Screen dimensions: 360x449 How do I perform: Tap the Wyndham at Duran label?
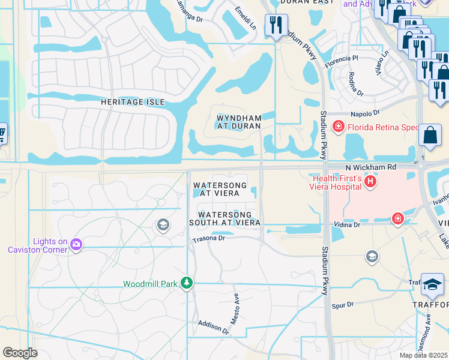(238, 122)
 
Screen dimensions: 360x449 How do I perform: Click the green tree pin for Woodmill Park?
(187, 282)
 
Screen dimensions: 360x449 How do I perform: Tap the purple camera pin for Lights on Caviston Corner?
(76, 244)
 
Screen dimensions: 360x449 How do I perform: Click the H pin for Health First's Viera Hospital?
(370, 181)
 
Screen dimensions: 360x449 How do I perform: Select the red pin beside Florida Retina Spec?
(339, 127)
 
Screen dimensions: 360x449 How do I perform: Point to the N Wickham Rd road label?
(370, 167)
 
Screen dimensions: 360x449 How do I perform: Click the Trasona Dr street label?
(208, 238)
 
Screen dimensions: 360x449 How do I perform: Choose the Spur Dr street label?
(343, 305)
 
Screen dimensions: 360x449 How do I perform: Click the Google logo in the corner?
(20, 353)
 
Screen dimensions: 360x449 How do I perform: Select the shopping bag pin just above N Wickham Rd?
(432, 134)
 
